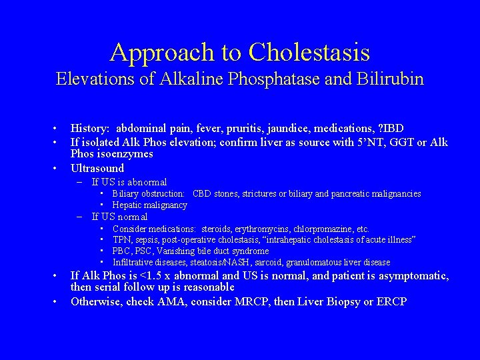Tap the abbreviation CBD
pyautogui.click(x=201, y=194)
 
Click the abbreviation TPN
pyautogui.click(x=121, y=240)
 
